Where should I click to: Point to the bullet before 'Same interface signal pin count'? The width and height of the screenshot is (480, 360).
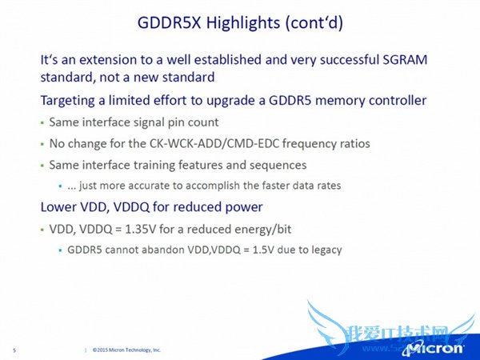click(x=42, y=124)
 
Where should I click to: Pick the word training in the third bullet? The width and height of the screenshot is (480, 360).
click(x=154, y=165)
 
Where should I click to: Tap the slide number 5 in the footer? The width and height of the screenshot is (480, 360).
click(x=15, y=350)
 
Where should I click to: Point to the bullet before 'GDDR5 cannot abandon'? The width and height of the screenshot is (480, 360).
click(x=60, y=250)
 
